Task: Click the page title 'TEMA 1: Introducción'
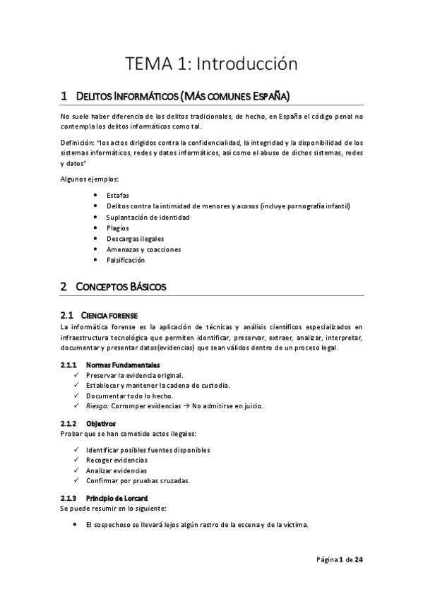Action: (212, 64)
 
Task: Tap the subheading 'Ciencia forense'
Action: (109, 314)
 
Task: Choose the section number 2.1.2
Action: (68, 423)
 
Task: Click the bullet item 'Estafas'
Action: (117, 195)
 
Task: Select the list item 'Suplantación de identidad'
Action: (148, 217)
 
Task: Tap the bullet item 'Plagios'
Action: (117, 227)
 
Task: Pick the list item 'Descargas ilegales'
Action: (135, 239)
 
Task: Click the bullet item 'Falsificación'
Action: (126, 260)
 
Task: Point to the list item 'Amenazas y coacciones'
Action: (144, 249)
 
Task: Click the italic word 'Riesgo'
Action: (97, 406)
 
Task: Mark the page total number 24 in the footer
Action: (359, 560)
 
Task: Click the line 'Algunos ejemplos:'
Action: (89, 178)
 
